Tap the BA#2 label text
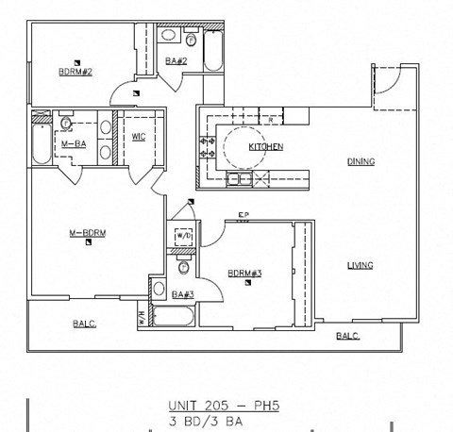tap(176, 60)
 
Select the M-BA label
tap(63, 144)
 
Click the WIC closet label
tap(138, 137)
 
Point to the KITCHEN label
tap(265, 147)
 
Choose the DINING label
tap(360, 161)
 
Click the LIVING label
tap(360, 265)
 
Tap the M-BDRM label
tap(86, 233)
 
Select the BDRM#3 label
tap(243, 274)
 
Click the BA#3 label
tap(182, 295)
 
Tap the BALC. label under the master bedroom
tap(85, 324)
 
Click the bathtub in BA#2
tap(213, 52)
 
